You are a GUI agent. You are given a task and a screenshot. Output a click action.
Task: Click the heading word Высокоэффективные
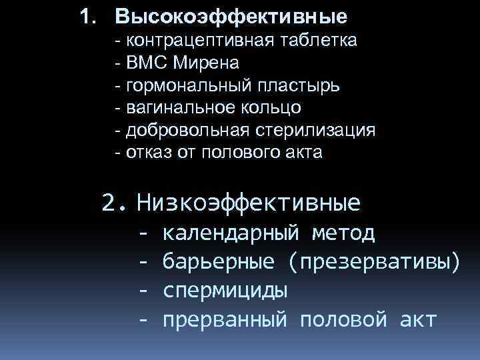coord(231,15)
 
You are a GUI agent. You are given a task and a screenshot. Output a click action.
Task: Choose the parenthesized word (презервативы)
coord(374,263)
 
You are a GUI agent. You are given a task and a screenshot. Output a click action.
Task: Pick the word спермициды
coord(225,291)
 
